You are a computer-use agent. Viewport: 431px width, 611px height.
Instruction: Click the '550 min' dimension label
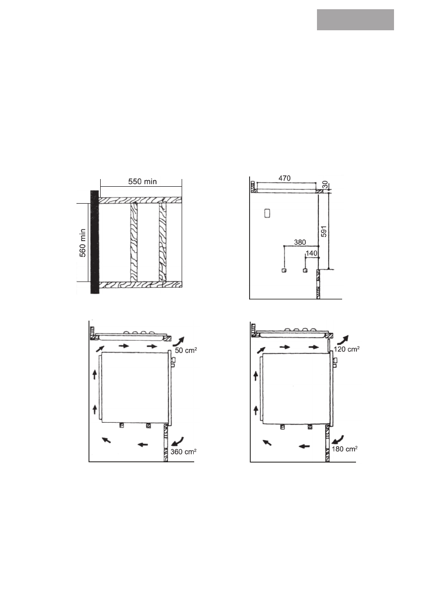[x=142, y=182]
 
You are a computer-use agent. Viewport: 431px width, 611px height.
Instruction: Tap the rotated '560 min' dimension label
[x=83, y=243]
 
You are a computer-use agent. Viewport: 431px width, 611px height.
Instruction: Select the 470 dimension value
[x=285, y=178]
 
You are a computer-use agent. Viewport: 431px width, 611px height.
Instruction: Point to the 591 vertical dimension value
[x=323, y=231]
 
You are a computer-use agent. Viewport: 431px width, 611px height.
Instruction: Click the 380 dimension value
[x=300, y=242]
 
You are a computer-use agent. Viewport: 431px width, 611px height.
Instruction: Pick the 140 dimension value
[x=312, y=253]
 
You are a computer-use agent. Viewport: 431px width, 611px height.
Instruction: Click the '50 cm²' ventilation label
[x=185, y=350]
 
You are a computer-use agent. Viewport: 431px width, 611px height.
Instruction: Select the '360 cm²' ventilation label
[x=183, y=451]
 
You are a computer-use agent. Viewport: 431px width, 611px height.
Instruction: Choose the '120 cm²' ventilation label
[x=346, y=349]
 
